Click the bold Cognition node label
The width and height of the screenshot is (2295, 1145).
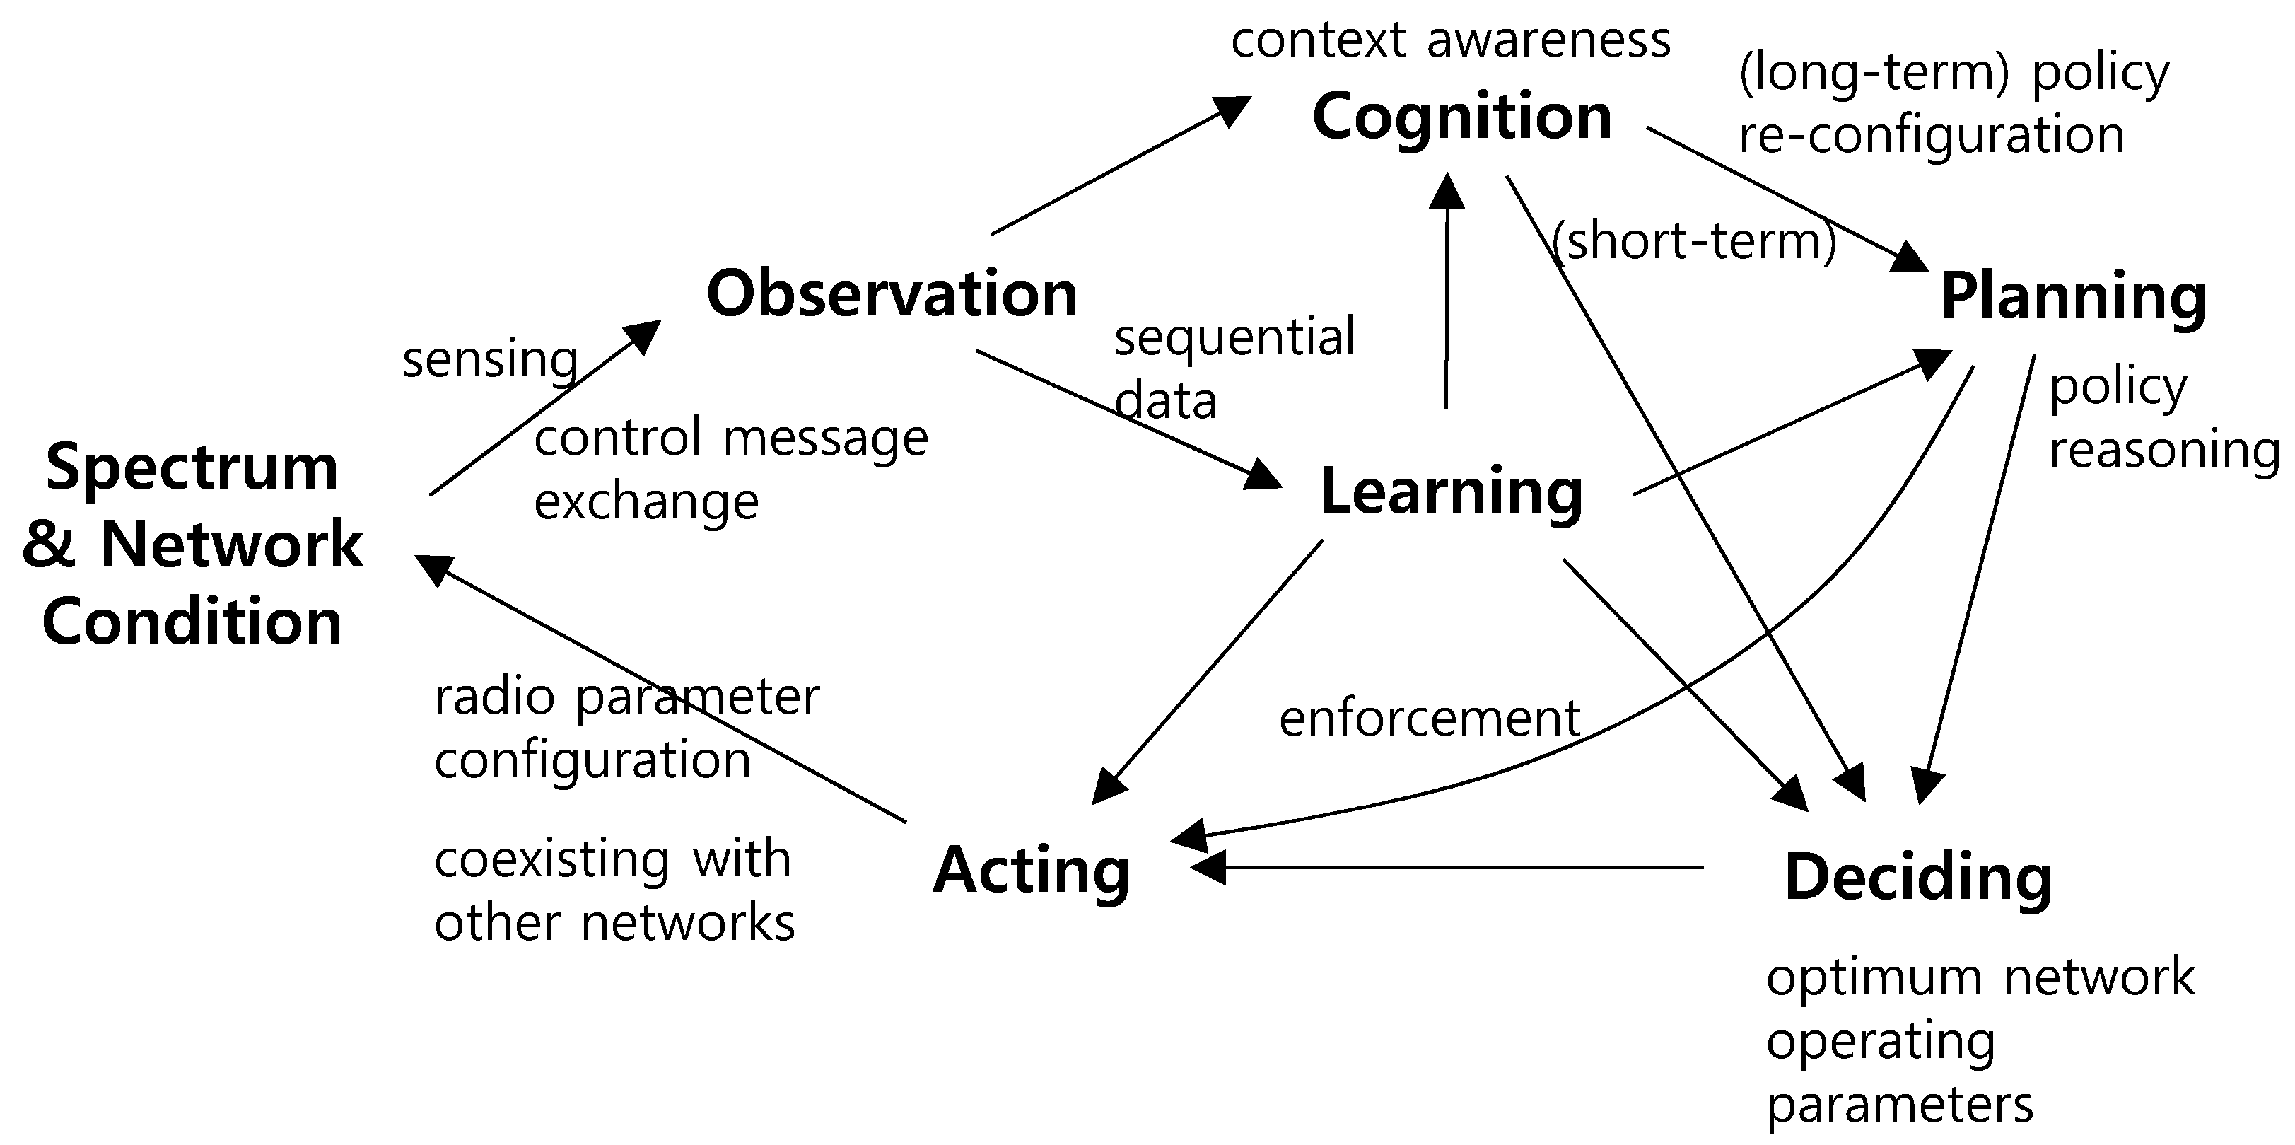(x=1462, y=117)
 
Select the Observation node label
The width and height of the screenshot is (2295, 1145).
(x=892, y=294)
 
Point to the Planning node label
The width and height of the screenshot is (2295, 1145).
(x=2073, y=298)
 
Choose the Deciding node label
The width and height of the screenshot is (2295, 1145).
(x=1918, y=878)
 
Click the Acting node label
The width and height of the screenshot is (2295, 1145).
(x=1032, y=871)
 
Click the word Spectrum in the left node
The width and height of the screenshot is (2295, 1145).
(x=192, y=467)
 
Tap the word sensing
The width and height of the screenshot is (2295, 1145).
(x=490, y=359)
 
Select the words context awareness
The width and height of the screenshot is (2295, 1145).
(x=1450, y=40)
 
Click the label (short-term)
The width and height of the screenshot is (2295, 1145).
(x=1693, y=240)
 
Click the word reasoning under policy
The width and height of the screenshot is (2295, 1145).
(x=2164, y=449)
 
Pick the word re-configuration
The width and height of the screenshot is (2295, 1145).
(x=1931, y=136)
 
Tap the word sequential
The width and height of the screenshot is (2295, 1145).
(x=1234, y=337)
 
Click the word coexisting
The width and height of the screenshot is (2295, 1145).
(x=551, y=860)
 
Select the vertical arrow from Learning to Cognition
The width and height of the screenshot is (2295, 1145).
(x=1446, y=303)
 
